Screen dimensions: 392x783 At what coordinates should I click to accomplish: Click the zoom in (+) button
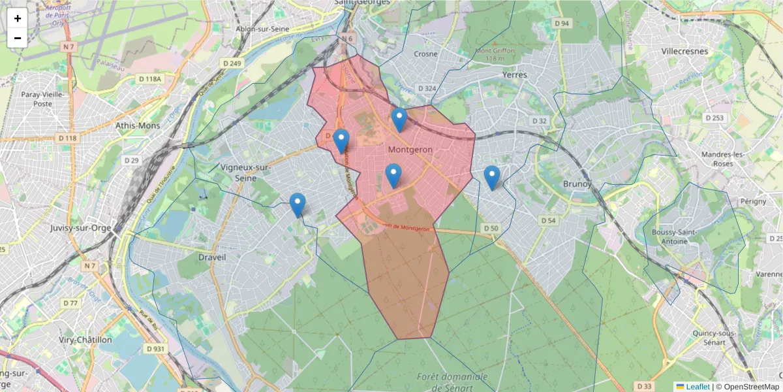click(x=18, y=18)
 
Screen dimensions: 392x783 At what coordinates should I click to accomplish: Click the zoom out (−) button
click(x=18, y=38)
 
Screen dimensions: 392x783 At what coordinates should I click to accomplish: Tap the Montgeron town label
click(x=410, y=150)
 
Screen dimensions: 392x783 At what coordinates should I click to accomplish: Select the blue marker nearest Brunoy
click(x=492, y=177)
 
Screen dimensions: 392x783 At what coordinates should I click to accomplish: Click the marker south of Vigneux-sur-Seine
click(x=298, y=205)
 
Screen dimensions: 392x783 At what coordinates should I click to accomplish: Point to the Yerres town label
click(x=514, y=74)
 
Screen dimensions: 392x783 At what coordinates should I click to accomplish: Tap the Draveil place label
click(x=211, y=257)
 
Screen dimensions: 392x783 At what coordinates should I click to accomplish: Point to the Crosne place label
click(x=425, y=54)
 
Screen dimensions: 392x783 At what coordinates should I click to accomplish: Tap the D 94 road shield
click(x=562, y=24)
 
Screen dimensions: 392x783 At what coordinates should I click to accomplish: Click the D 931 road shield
click(x=156, y=349)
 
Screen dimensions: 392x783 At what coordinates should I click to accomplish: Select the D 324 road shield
click(x=426, y=88)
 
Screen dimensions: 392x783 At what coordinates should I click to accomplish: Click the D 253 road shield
click(x=714, y=118)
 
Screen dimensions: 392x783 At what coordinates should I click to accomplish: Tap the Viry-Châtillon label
click(x=84, y=340)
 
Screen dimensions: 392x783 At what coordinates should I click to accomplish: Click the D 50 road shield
click(x=491, y=228)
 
